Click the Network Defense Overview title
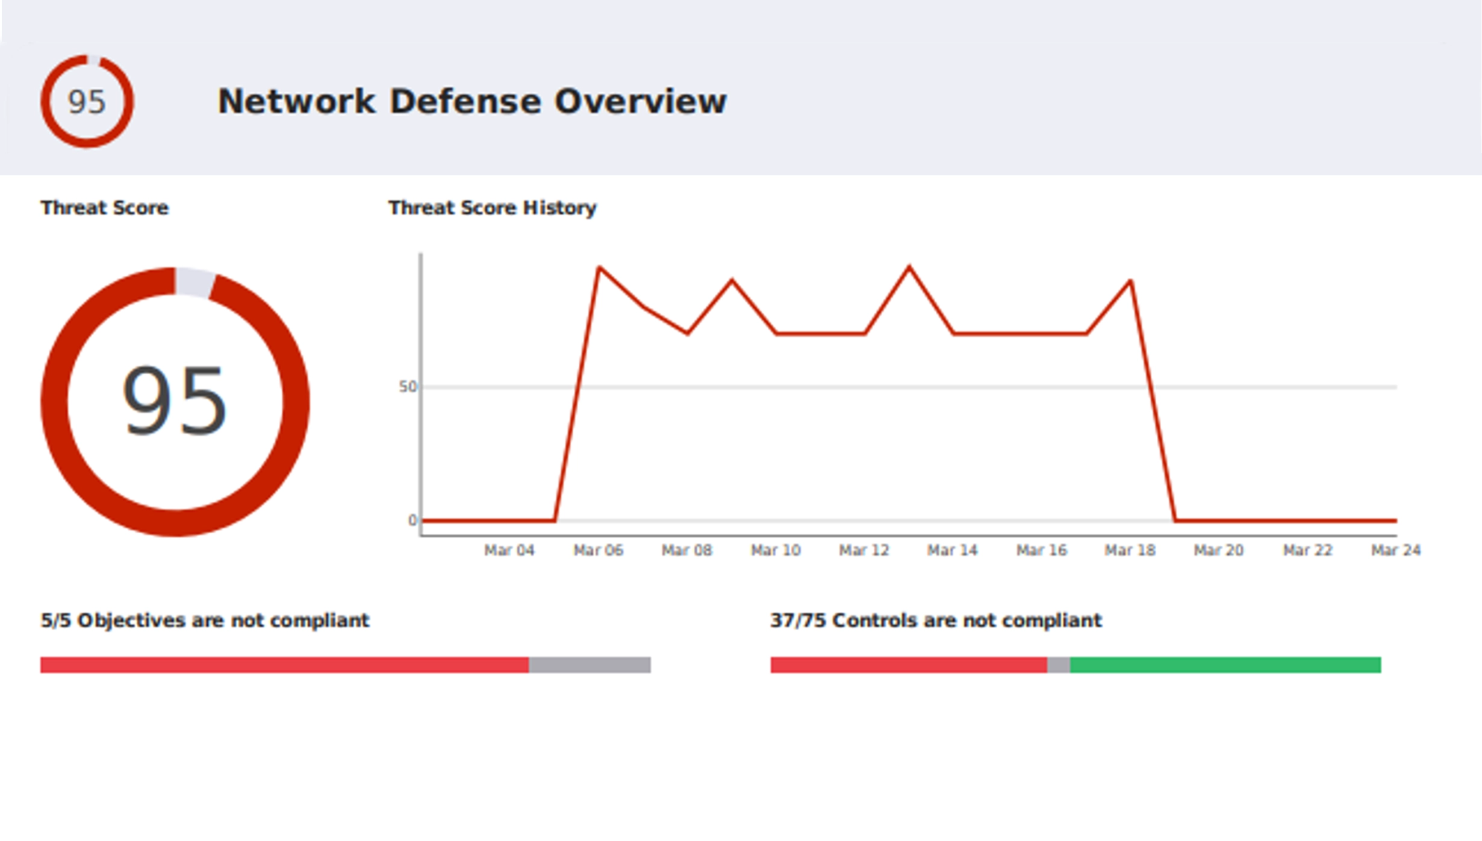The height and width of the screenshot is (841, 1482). click(472, 101)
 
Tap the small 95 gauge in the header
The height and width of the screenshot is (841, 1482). click(87, 101)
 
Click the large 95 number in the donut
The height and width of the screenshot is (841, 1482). click(175, 401)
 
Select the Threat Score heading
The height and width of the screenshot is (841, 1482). click(104, 208)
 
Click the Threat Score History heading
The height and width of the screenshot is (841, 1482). click(492, 208)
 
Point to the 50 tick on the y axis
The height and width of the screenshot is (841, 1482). click(408, 387)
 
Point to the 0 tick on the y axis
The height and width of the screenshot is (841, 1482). click(412, 520)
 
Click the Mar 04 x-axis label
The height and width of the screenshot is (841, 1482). click(509, 550)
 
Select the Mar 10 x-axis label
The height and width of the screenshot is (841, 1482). click(776, 550)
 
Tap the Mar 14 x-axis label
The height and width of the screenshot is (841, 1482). click(952, 550)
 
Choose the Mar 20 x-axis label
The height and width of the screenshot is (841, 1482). click(1218, 550)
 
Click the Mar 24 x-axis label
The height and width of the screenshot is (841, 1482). click(1395, 550)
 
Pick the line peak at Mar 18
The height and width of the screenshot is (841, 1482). click(1131, 281)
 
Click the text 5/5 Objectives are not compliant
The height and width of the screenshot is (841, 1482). click(205, 621)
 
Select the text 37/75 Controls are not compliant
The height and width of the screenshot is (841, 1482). click(936, 621)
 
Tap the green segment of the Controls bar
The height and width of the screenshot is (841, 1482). click(1225, 665)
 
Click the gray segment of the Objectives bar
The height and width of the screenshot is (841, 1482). click(590, 665)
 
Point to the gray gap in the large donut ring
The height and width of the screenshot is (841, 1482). click(194, 282)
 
